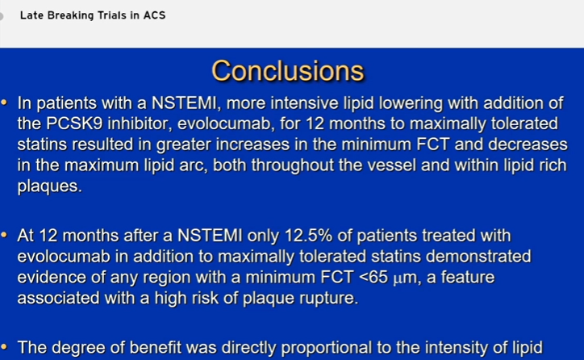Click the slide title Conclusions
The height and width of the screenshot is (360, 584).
(x=288, y=71)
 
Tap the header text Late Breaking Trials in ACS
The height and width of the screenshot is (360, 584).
(x=93, y=15)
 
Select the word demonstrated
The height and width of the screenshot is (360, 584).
(x=478, y=257)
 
